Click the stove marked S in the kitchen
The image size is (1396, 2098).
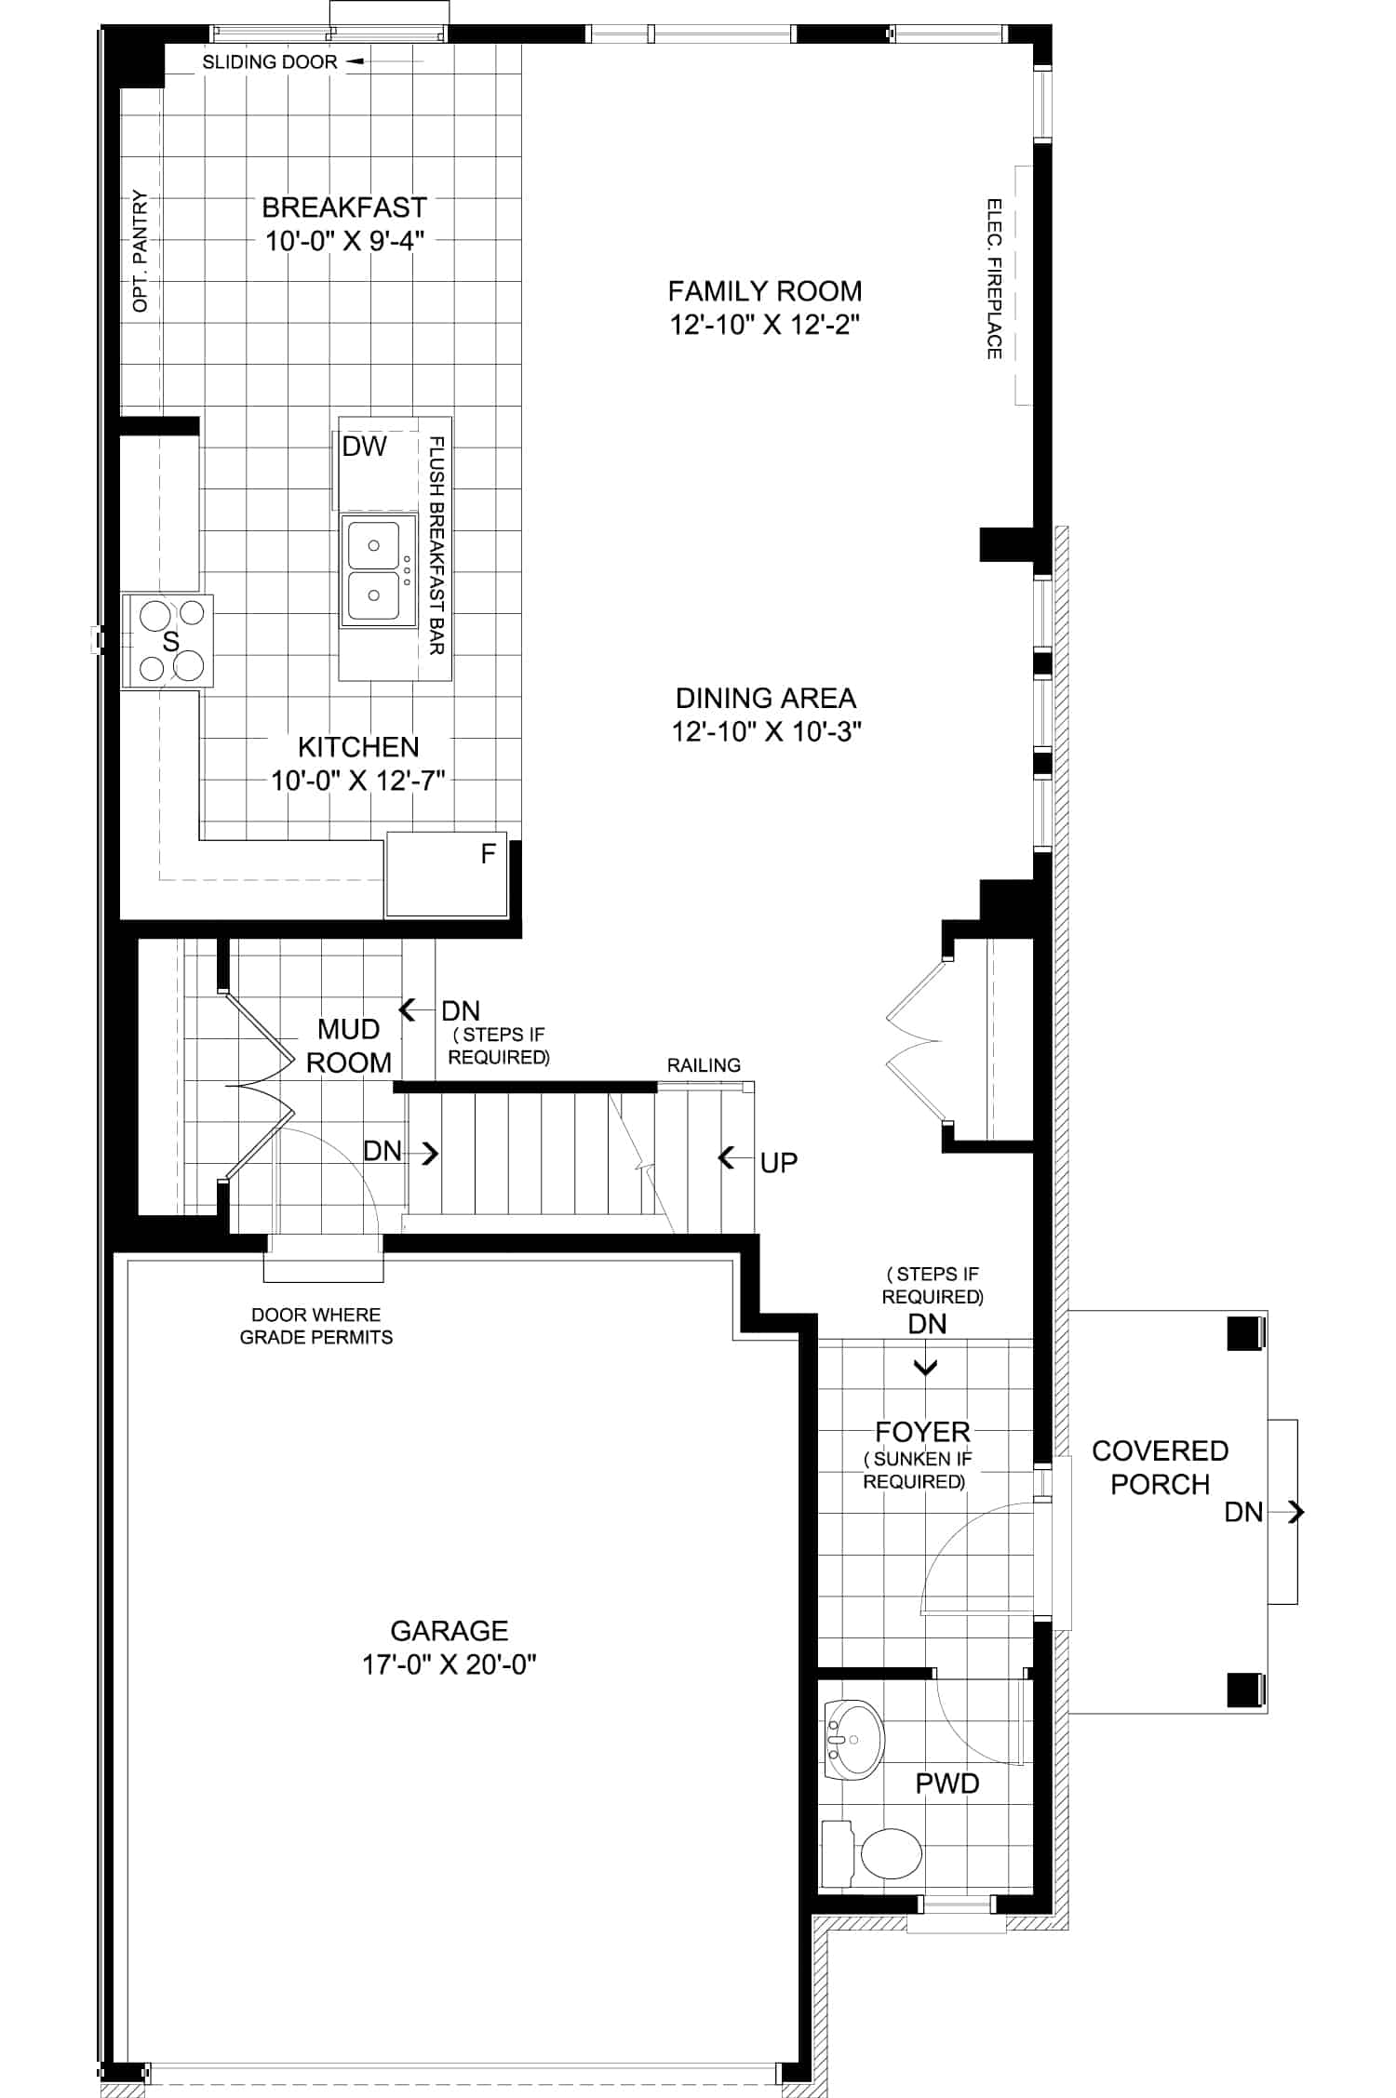168,641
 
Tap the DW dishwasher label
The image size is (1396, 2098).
364,447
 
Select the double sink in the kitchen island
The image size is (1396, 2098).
374,570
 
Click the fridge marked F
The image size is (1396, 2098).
447,875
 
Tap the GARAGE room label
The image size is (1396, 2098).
449,1630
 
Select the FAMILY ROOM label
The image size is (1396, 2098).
765,291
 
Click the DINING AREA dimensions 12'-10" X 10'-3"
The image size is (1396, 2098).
766,732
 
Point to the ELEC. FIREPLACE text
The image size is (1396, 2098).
994,278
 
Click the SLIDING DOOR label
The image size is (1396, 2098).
270,62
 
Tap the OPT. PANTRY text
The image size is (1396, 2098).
141,250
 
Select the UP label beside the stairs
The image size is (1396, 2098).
779,1163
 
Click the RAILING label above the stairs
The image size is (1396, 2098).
704,1065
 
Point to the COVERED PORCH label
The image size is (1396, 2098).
1160,1467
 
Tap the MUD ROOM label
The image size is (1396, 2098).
348,1046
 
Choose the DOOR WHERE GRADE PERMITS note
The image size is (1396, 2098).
316,1326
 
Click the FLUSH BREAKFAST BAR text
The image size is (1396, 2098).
436,545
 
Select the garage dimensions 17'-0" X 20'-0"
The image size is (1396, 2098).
450,1664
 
